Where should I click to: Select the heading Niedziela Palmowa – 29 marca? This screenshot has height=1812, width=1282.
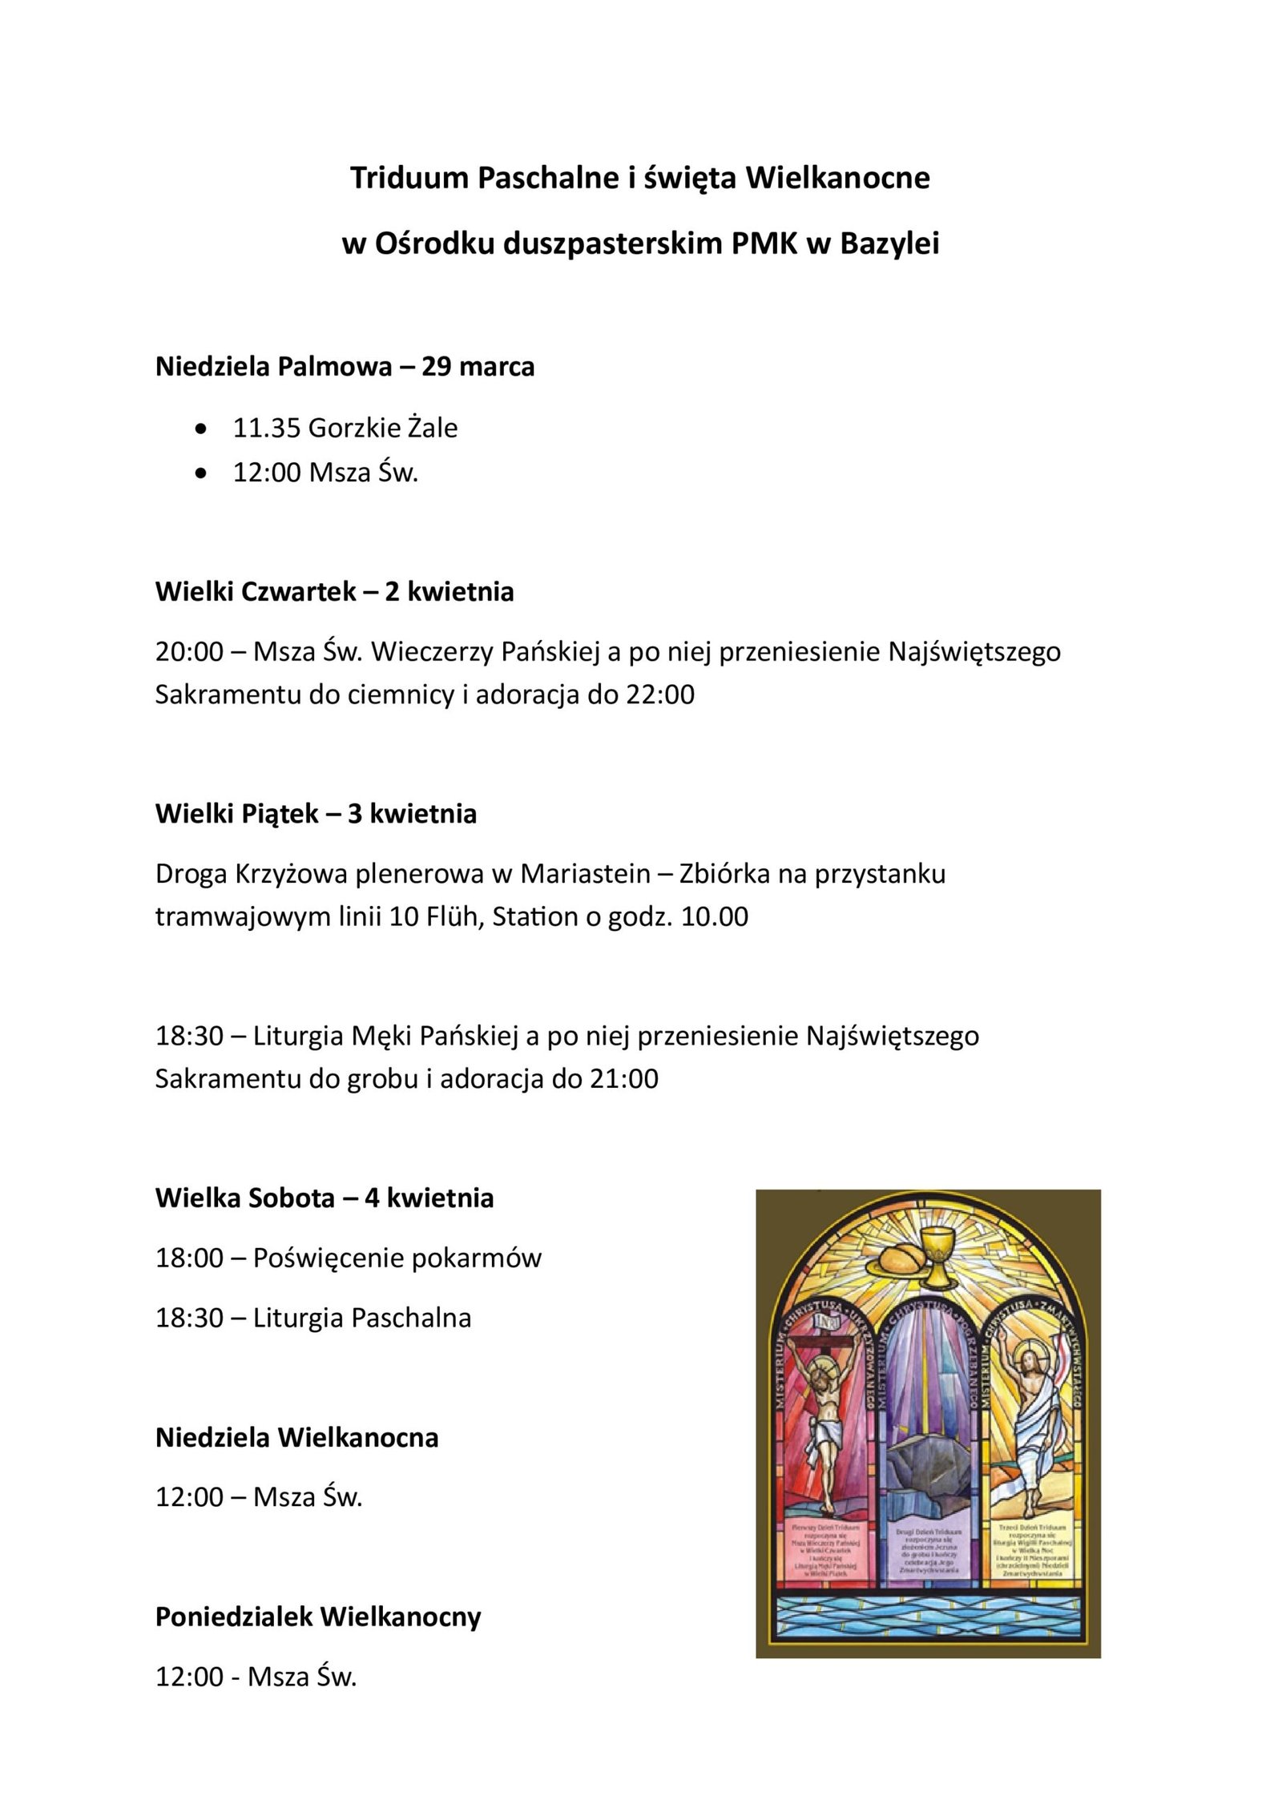click(345, 367)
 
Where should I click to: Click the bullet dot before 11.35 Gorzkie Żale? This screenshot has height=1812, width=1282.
click(201, 429)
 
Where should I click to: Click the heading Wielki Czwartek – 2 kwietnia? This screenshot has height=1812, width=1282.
click(334, 592)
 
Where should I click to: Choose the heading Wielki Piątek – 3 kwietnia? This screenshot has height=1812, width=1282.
click(316, 814)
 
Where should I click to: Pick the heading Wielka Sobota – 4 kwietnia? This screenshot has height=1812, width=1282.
click(325, 1198)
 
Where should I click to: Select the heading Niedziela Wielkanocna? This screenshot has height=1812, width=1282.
click(296, 1438)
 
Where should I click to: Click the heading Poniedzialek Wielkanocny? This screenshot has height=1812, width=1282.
click(318, 1617)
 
